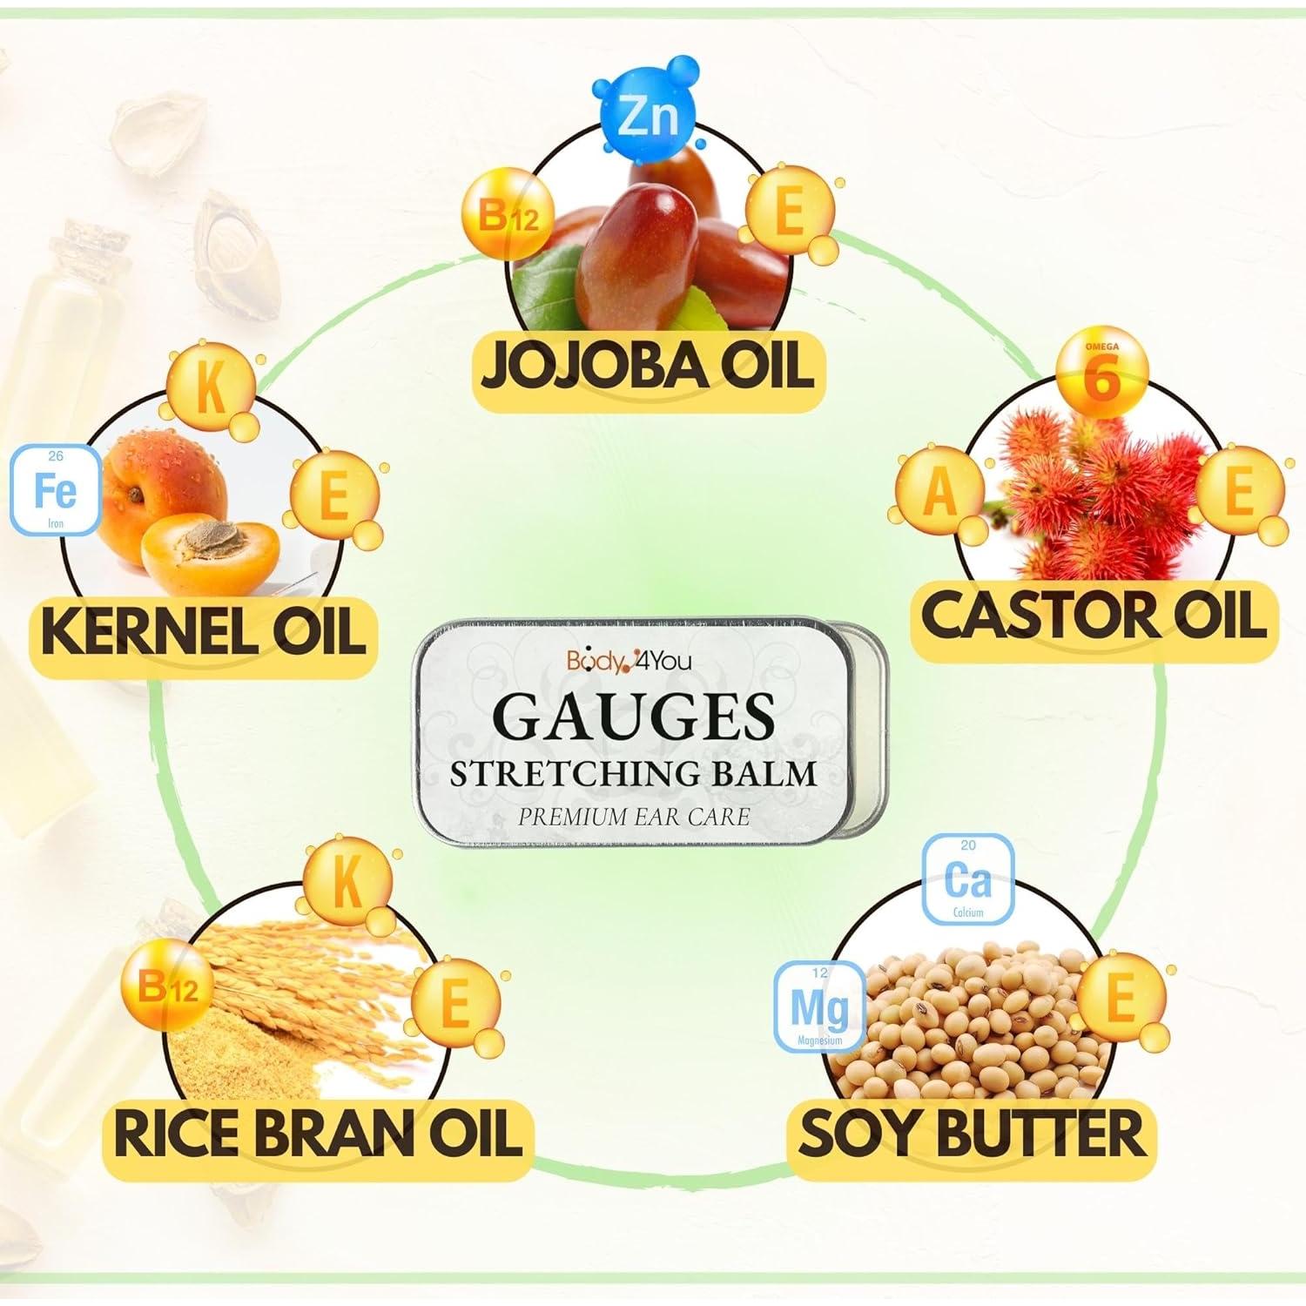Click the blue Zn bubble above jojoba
point(647,117)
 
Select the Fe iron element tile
point(55,490)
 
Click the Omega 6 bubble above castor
point(1101,374)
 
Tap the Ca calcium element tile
point(967,879)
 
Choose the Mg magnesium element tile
point(818,1006)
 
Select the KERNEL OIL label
point(203,631)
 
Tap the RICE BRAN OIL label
point(318,1134)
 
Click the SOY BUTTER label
point(971,1134)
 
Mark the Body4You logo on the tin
point(629,661)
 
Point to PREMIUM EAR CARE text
point(634,817)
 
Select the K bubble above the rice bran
point(347,882)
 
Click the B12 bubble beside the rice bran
point(169,988)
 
